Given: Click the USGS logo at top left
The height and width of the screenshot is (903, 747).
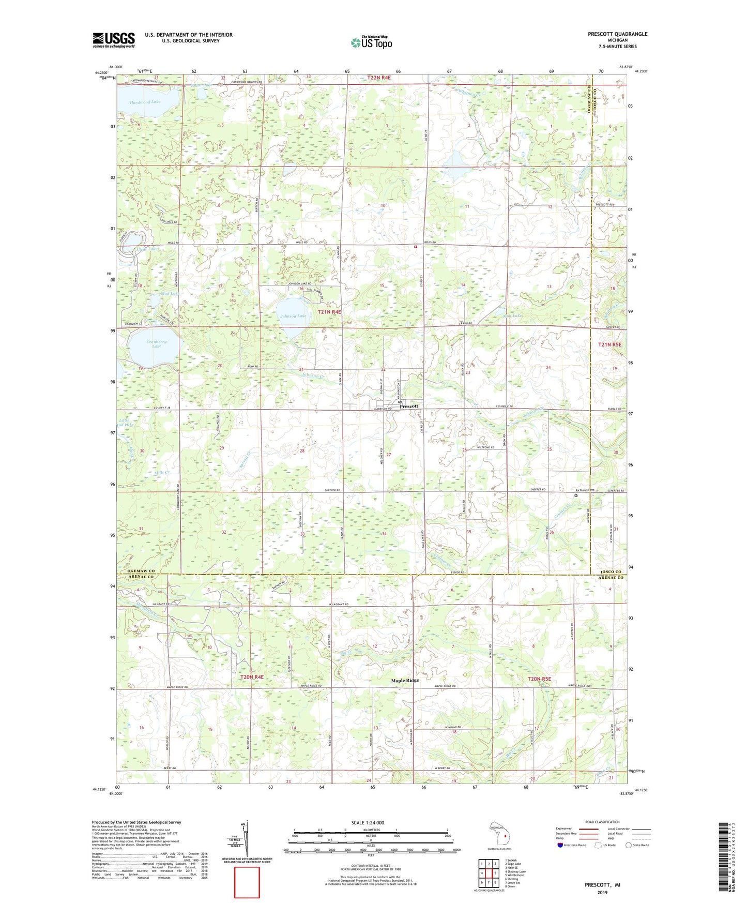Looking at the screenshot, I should (113, 40).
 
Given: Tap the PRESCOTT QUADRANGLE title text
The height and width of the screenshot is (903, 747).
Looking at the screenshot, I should (617, 34).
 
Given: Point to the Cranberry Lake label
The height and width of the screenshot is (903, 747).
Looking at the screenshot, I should (156, 344).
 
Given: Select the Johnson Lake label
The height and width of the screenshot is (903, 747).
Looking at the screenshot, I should (293, 316).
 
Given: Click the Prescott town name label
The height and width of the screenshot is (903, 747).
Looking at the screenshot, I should (409, 407).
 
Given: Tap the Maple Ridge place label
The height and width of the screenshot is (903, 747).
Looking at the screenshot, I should (405, 681).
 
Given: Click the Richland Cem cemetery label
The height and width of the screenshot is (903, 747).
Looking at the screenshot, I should (586, 490).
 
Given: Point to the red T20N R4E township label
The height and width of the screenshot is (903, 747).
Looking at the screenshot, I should (252, 677).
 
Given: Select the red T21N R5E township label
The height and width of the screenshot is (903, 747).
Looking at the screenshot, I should (609, 344).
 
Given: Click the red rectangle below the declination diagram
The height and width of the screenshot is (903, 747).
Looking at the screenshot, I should (247, 882).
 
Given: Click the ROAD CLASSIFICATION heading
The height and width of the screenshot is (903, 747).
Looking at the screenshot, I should (602, 822).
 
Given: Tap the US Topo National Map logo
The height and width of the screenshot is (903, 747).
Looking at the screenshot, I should (371, 42).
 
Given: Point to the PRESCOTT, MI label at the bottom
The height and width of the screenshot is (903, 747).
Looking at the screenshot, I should (602, 885).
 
